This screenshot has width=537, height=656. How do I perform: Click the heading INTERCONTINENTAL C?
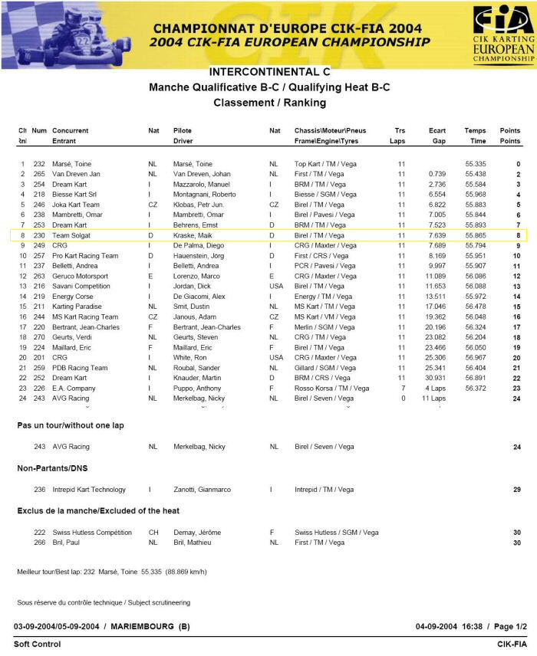point(269,72)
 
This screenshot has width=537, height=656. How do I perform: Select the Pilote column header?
point(183,131)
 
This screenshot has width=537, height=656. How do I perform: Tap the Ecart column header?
point(437,131)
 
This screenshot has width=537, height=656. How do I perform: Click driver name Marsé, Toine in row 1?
point(193,165)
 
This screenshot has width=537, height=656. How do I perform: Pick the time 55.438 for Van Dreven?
point(475,175)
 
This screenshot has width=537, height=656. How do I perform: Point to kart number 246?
point(38,205)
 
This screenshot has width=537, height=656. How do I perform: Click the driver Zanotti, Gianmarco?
point(202,489)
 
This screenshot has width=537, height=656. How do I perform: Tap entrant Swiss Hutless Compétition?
point(92,533)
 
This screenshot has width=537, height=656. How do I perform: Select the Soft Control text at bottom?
point(37,645)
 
